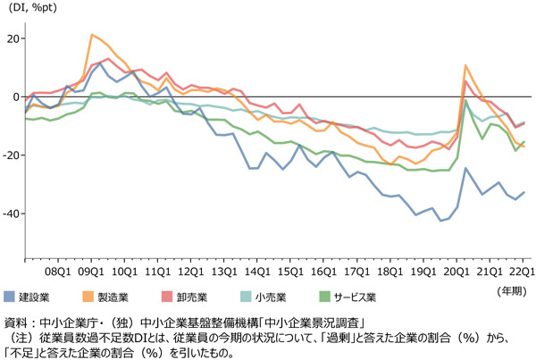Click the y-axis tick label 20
pos(12,38)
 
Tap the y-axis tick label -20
pos(10,155)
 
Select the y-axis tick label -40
pos(10,213)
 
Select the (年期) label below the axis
pos(511,290)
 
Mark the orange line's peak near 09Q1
pos(92,35)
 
